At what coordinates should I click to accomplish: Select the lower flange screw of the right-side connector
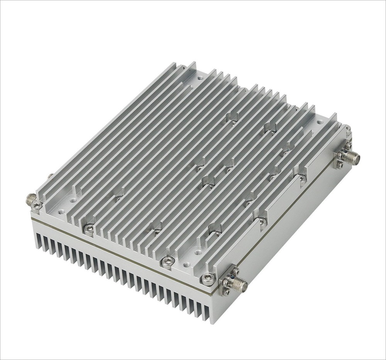click(339, 165)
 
